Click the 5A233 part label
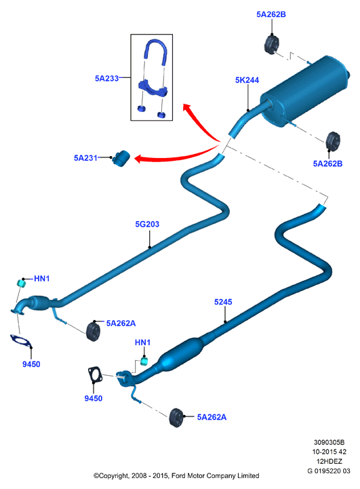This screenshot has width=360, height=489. (x=106, y=78)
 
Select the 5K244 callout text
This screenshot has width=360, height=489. (x=247, y=80)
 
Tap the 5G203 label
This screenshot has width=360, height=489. (x=147, y=224)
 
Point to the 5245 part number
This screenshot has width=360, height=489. (x=223, y=302)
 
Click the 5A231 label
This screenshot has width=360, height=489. (x=85, y=158)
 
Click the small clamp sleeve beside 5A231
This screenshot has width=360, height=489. (x=121, y=159)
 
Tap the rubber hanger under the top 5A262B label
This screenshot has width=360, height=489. (x=271, y=45)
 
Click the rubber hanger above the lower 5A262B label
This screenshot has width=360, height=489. (x=333, y=141)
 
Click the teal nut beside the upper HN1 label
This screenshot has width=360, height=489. (x=20, y=283)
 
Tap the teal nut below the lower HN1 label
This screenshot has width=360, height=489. (x=144, y=361)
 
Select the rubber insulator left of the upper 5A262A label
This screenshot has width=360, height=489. (x=93, y=331)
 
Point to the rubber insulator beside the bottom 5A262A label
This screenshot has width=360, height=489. (x=177, y=418)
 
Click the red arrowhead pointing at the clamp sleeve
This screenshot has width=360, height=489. (x=140, y=159)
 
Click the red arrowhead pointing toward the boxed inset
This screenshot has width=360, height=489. (x=187, y=108)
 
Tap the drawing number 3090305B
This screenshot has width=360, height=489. (x=329, y=442)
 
